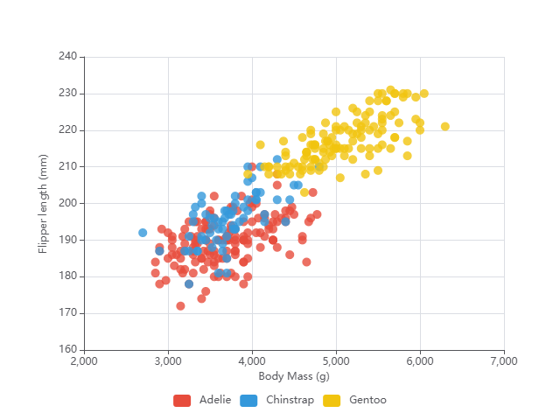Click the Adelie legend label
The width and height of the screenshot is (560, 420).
click(215, 400)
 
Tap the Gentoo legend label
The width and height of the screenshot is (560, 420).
click(367, 400)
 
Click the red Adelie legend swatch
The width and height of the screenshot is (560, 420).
click(182, 400)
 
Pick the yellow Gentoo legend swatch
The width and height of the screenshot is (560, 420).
click(332, 400)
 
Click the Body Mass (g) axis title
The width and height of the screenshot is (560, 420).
click(294, 376)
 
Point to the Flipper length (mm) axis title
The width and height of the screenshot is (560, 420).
click(43, 203)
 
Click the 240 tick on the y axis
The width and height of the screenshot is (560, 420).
click(68, 57)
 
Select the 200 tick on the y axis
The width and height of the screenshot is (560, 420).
click(68, 203)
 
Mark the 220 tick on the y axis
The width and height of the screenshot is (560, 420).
click(68, 130)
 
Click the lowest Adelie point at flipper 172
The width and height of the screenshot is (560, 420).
click(180, 306)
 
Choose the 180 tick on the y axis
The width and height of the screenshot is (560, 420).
click(68, 276)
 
